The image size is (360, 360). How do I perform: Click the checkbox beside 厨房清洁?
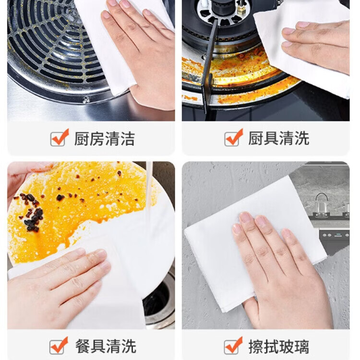coord(58,139)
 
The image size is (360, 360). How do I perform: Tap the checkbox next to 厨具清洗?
coord(232,139)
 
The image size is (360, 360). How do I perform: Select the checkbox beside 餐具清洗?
coord(58,346)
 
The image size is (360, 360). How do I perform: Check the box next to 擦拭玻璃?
coord(232,346)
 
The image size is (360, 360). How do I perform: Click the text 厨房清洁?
coord(105,139)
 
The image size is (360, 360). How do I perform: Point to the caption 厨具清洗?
coord(279,138)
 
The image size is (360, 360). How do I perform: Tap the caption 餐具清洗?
coord(106,346)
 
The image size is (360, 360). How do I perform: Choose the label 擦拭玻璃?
coord(279,347)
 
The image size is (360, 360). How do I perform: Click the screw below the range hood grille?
coord(86,100)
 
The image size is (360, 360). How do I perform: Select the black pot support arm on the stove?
coord(209,67)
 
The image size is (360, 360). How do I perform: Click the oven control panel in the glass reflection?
coord(335,235)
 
